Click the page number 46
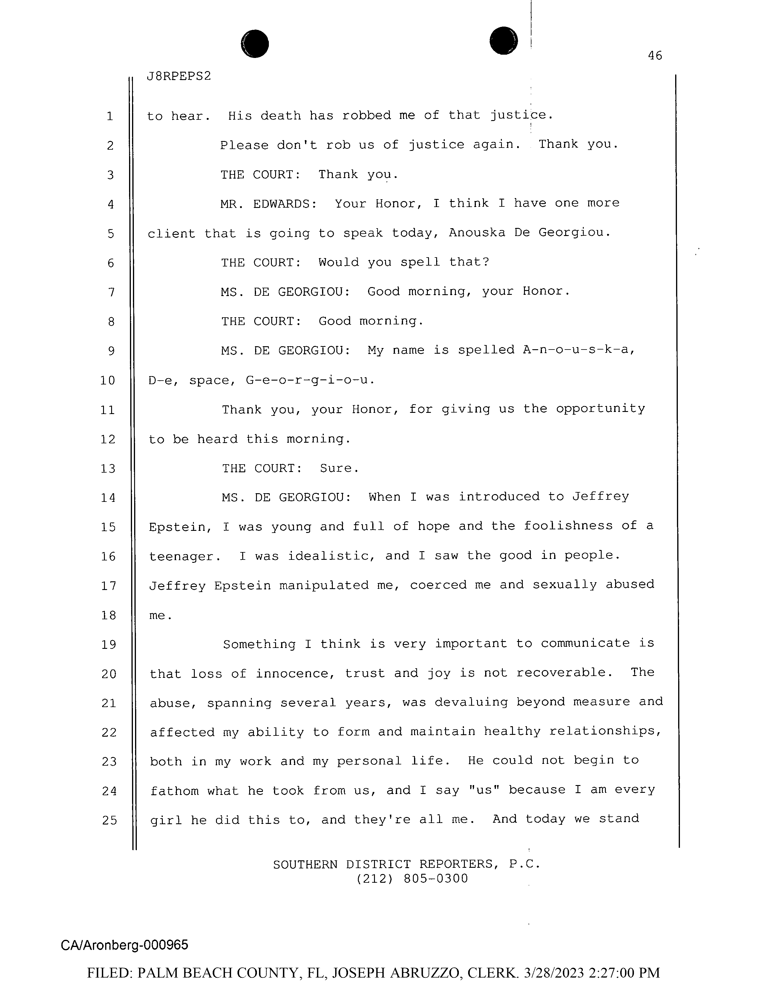click(x=655, y=56)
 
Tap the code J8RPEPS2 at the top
click(x=179, y=76)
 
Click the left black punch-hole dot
click(x=255, y=44)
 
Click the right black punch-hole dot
click(x=503, y=41)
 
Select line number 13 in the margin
click(x=108, y=469)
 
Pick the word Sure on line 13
click(x=339, y=468)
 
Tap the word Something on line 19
click(x=259, y=644)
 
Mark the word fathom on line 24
click(x=174, y=791)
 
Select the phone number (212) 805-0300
click(x=412, y=879)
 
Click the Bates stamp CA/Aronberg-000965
click(x=124, y=945)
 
